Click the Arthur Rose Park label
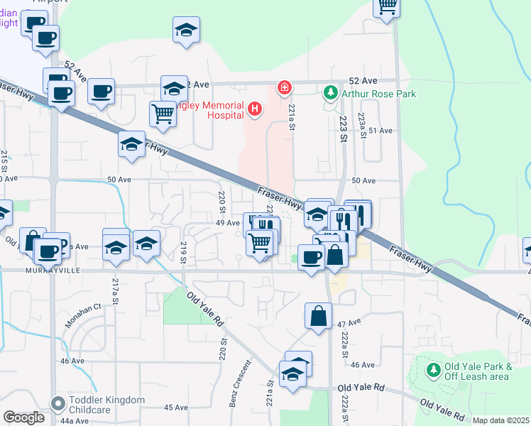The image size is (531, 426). (379, 93)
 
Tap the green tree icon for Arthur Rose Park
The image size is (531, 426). (331, 92)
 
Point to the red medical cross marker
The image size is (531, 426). (285, 87)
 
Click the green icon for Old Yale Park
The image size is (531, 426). (433, 370)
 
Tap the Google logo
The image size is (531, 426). (24, 417)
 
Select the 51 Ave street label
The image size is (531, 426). (381, 131)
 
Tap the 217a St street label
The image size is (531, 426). (115, 293)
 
